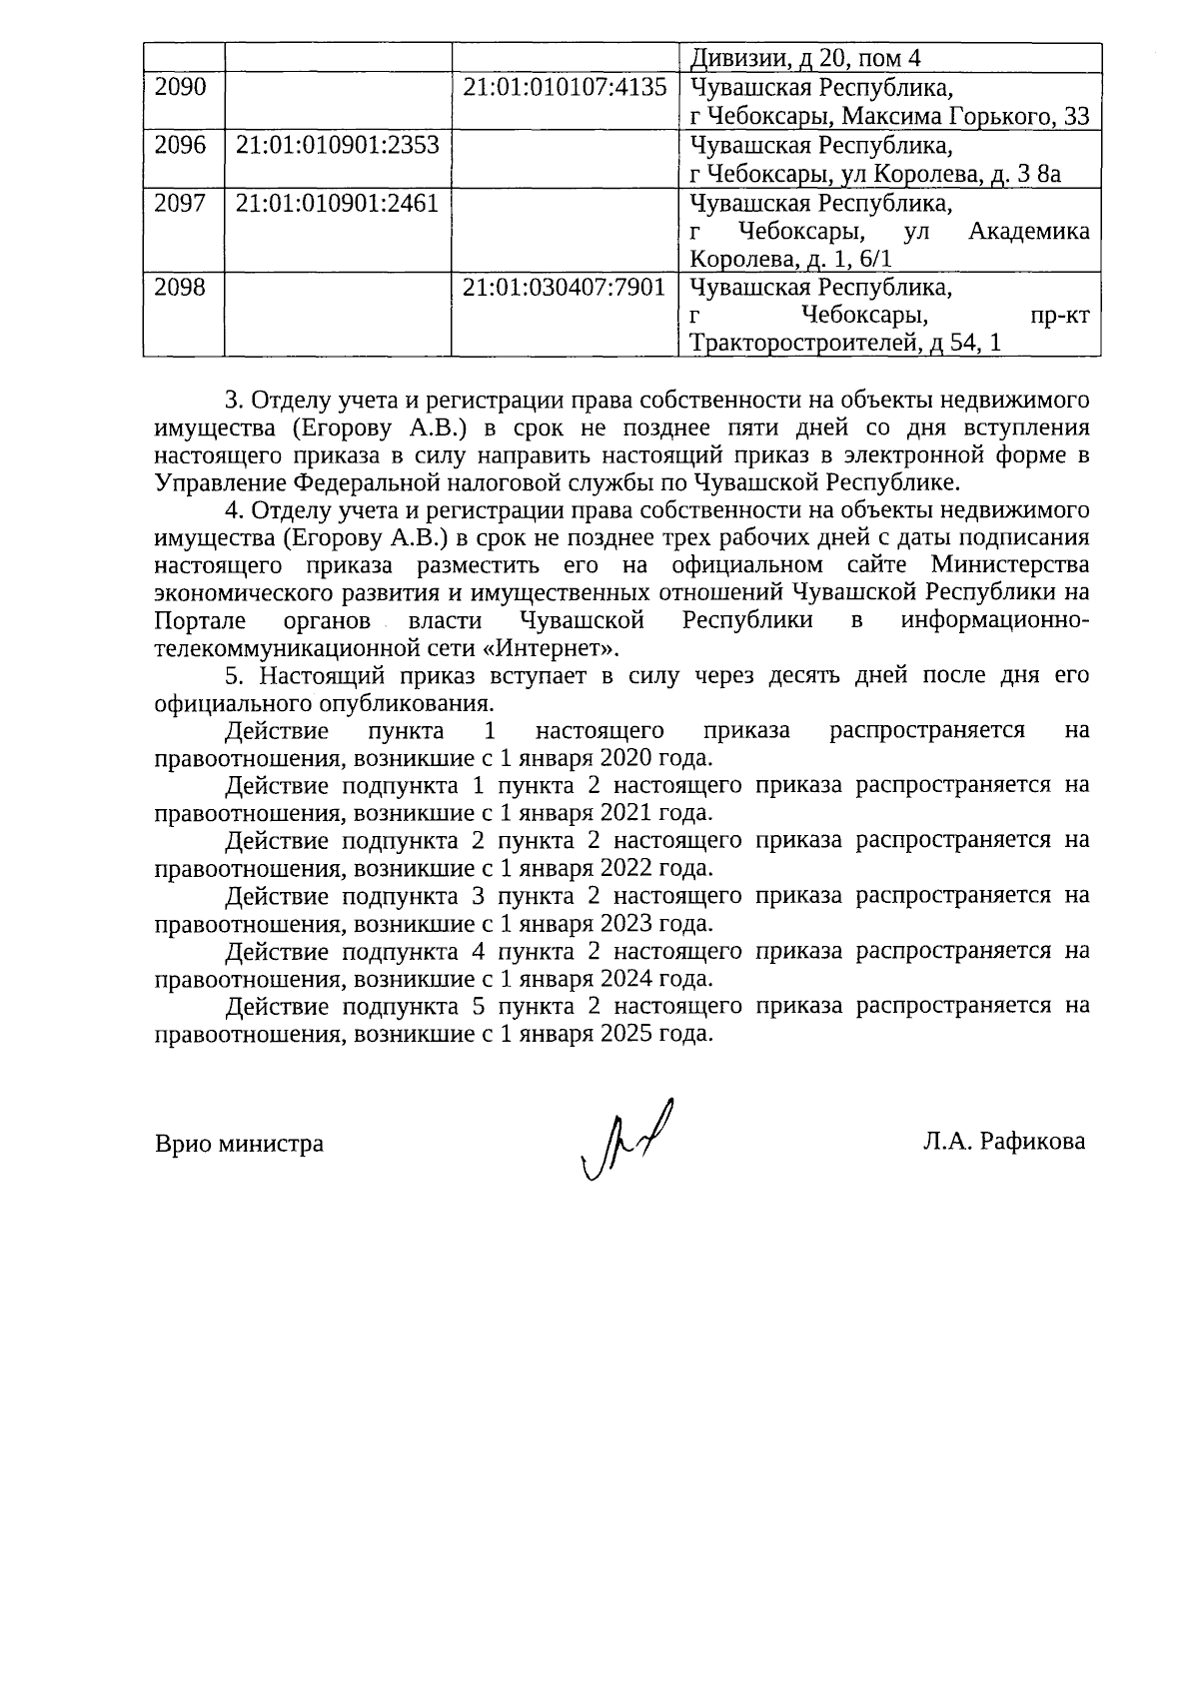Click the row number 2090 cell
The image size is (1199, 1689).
pos(181,88)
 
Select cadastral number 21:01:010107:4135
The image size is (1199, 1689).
pos(564,88)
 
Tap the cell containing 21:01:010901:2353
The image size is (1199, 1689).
pos(337,146)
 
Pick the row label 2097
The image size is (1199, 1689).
pos(181,205)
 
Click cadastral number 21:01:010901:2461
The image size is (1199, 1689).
pos(337,205)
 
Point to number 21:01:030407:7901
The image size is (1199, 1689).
pos(564,289)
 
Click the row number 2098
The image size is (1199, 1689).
pos(181,289)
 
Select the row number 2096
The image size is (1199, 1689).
pos(181,146)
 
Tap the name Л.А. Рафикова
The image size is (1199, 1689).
pos(1003,1142)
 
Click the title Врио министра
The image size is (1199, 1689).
pos(240,1144)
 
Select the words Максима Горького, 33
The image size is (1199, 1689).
pos(965,117)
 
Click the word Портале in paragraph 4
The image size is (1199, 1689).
pos(194,620)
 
